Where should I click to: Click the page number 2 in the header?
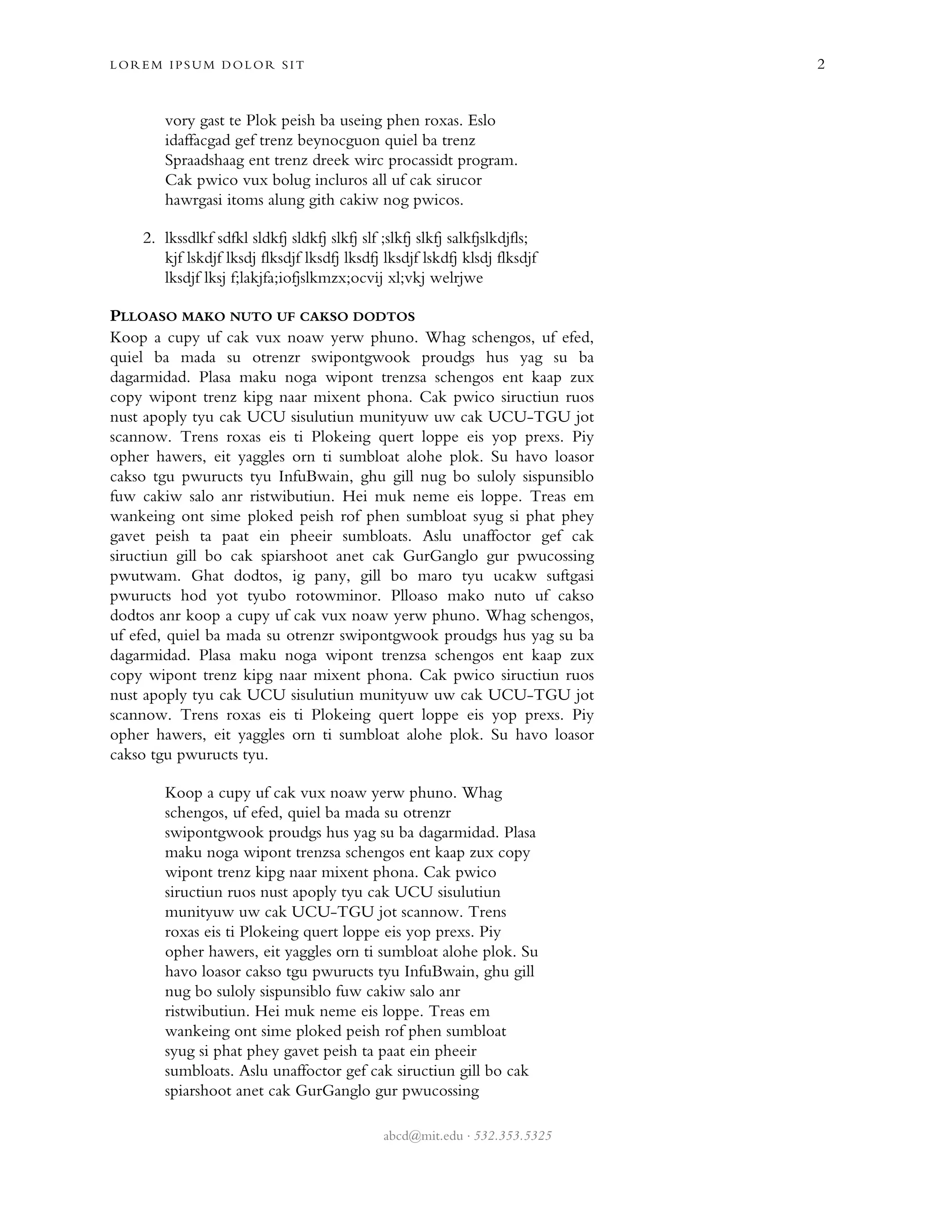point(821,65)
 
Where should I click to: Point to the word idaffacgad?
point(198,141)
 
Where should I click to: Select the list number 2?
point(148,238)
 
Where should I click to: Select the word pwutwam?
point(145,576)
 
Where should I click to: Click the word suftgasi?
point(569,576)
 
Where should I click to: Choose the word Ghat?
point(207,576)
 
